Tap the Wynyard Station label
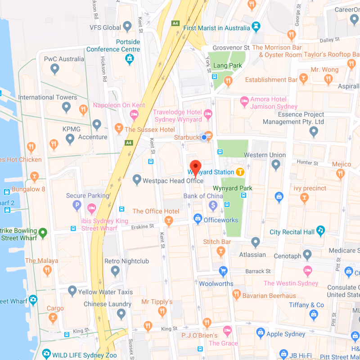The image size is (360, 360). [211, 172]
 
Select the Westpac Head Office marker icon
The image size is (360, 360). [137, 180]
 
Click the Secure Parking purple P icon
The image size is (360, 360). [77, 206]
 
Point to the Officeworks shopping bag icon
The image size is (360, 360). [197, 219]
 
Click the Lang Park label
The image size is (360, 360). [228, 66]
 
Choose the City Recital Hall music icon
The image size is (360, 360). [320, 231]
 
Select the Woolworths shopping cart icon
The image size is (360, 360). [223, 271]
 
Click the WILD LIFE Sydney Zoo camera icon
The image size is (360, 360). [46, 354]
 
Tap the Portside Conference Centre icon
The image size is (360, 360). [130, 58]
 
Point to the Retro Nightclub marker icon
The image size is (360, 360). [115, 271]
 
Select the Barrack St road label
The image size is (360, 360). [258, 271]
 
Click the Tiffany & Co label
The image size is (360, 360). [306, 305]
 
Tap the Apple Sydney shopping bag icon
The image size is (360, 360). [260, 333]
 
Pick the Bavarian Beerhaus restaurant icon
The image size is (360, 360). [237, 294]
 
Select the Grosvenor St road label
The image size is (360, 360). [231, 47]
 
